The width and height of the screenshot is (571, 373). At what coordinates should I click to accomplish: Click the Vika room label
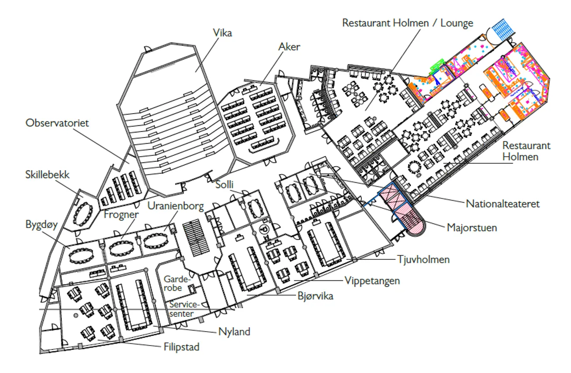pyautogui.click(x=222, y=33)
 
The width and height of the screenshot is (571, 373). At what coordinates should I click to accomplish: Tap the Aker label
pyautogui.click(x=289, y=47)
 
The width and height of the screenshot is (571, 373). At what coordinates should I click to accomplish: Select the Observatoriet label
pyautogui.click(x=57, y=123)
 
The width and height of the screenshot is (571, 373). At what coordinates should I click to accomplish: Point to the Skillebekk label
pyautogui.click(x=48, y=175)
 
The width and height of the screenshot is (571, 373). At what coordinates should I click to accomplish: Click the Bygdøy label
pyautogui.click(x=41, y=225)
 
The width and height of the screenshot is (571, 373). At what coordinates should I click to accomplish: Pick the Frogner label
pyautogui.click(x=121, y=215)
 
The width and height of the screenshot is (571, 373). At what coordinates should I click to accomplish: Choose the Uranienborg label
pyautogui.click(x=176, y=206)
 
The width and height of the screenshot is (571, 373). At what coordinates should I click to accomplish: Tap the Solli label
pyautogui.click(x=224, y=185)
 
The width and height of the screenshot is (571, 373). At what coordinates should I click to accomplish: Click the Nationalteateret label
pyautogui.click(x=503, y=204)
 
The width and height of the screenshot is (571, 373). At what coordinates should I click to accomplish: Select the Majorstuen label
pyautogui.click(x=472, y=228)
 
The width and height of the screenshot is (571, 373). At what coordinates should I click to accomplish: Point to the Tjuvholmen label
pyautogui.click(x=424, y=260)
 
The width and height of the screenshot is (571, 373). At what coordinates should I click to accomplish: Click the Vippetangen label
pyautogui.click(x=372, y=281)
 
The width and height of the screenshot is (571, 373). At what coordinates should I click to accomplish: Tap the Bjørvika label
pyautogui.click(x=315, y=296)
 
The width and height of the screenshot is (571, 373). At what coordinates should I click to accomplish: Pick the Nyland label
pyautogui.click(x=234, y=332)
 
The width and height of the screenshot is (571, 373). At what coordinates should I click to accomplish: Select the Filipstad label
pyautogui.click(x=181, y=347)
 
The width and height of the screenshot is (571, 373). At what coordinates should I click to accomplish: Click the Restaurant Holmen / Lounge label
pyautogui.click(x=408, y=23)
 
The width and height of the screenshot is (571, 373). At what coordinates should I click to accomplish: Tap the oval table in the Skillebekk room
pyautogui.click(x=83, y=214)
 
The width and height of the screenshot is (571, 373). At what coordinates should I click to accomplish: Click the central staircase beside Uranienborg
pyautogui.click(x=196, y=238)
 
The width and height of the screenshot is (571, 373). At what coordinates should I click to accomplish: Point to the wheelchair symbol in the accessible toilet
pyautogui.click(x=265, y=230)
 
